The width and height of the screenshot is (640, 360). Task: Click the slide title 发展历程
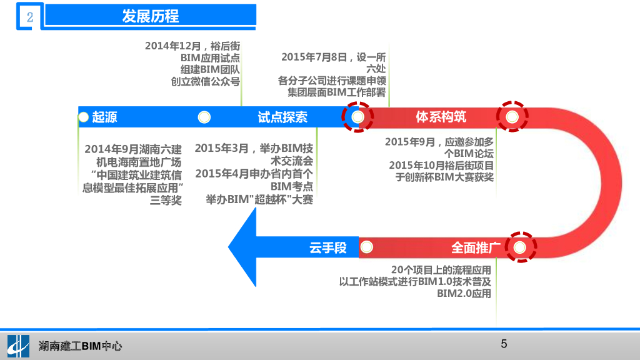[x=151, y=16]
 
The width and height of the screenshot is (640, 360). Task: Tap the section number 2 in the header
[x=29, y=17]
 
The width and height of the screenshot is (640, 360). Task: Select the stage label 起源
[x=104, y=117]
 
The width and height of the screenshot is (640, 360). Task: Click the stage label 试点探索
[x=282, y=117]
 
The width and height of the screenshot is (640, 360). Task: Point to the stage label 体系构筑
[x=441, y=117]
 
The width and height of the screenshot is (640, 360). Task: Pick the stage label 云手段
[x=327, y=247]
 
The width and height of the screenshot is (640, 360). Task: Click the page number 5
[x=504, y=344]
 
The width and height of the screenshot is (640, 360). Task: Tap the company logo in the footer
[x=17, y=345]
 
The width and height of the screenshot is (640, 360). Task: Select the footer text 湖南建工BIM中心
[x=80, y=346]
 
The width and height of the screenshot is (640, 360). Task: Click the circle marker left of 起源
[x=84, y=117]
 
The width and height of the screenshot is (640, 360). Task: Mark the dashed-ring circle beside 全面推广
[x=519, y=247]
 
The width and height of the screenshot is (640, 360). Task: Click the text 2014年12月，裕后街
[x=192, y=46]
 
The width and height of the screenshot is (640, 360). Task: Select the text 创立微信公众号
[x=206, y=81]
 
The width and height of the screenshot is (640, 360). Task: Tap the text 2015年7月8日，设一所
[x=333, y=57]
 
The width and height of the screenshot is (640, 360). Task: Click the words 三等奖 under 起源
[x=166, y=200]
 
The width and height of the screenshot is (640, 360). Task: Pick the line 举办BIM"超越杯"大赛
[x=259, y=199]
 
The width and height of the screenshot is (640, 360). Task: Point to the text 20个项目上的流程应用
[x=441, y=270]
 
